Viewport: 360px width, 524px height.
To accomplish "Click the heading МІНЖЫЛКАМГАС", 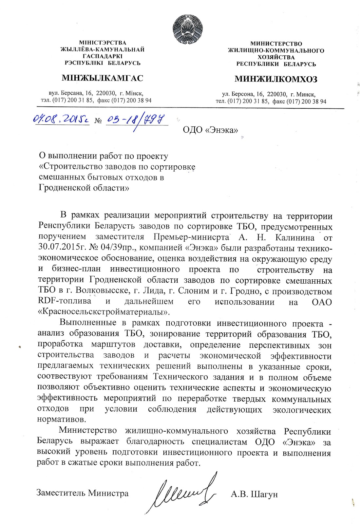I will coord(102,78).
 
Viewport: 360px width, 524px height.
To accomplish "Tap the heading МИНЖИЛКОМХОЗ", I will coord(276,79).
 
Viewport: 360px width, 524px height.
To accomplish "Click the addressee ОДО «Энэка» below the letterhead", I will coord(210,130).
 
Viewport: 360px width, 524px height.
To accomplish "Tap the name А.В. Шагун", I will coord(254,494).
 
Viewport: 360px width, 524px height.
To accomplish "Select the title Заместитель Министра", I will coord(82,493).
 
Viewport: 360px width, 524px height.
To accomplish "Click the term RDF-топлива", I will coord(64,301).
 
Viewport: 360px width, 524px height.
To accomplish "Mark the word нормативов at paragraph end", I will coord(62,419).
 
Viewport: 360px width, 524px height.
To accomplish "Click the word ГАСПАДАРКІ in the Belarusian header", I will coord(102,56).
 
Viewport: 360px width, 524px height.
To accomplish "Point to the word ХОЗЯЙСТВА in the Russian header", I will coord(276,57).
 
